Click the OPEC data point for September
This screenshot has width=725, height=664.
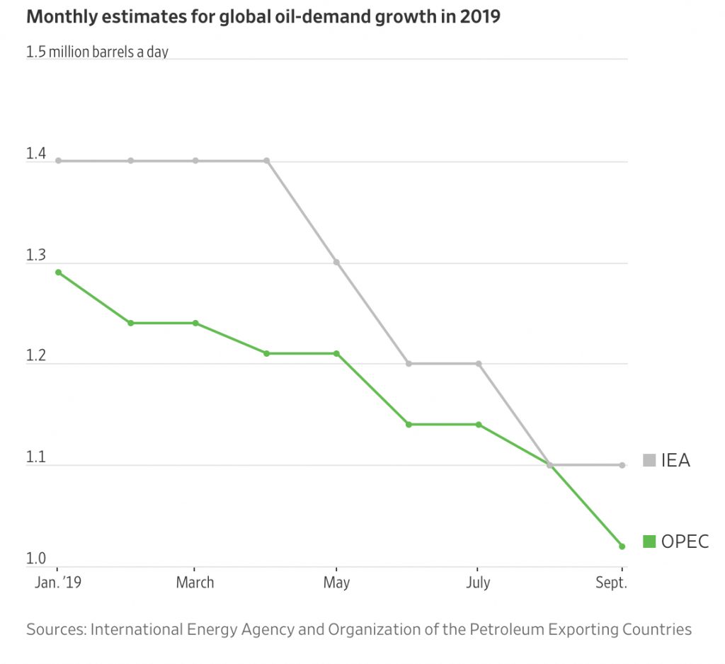pos(622,546)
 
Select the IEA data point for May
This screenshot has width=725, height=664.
pos(336,262)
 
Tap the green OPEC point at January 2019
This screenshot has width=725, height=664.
pos(58,272)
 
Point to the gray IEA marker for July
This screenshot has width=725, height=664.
pos(479,364)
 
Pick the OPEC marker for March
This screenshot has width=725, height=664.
pos(195,323)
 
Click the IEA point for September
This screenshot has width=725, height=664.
pos(622,465)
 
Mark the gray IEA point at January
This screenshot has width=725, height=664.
pos(58,161)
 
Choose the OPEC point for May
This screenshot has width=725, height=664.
pos(336,353)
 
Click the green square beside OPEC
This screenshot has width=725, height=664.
pos(649,542)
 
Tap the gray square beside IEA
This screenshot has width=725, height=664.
pos(649,461)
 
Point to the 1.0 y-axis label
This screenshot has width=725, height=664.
pos(36,559)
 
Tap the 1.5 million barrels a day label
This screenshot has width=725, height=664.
pos(97,52)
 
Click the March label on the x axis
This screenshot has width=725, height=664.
pos(195,583)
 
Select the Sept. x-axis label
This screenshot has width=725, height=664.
pos(610,583)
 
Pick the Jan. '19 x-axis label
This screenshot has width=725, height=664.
pos(59,583)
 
